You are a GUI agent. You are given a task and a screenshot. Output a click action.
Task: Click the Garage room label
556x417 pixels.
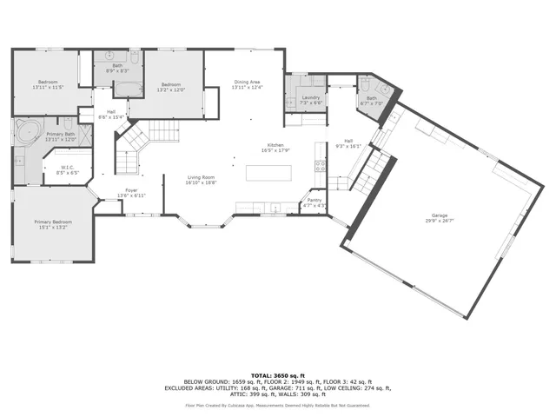click(440, 215)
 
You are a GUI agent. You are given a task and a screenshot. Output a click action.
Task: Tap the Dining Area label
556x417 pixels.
click(248, 83)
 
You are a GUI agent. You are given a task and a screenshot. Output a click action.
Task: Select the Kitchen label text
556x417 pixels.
click(275, 145)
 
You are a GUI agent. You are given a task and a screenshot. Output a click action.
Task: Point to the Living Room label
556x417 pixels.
click(202, 177)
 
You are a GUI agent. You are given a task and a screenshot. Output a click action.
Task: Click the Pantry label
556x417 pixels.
click(314, 201)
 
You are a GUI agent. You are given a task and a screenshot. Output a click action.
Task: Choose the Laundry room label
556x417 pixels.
click(310, 97)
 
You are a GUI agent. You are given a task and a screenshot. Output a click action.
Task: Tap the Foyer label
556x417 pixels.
click(131, 189)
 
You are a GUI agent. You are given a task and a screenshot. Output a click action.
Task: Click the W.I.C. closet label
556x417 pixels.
click(68, 168)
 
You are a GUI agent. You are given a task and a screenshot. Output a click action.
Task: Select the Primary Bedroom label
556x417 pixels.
click(53, 222)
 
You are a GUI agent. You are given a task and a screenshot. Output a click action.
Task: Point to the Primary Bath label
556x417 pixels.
click(61, 134)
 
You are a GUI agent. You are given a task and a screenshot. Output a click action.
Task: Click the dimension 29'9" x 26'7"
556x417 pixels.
click(440, 221)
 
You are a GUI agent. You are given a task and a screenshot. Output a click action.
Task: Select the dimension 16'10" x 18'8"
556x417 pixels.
click(202, 183)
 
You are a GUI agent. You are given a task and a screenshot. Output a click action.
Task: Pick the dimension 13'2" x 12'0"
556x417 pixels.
click(172, 89)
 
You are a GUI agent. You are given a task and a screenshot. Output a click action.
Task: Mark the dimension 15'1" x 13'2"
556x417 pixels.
click(53, 228)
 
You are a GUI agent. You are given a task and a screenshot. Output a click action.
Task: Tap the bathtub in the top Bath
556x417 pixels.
click(129, 87)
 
